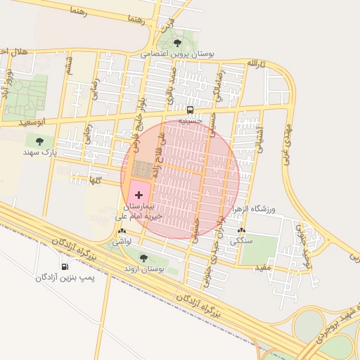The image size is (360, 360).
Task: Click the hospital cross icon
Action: (138, 194)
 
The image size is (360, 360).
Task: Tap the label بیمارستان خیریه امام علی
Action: (139, 212)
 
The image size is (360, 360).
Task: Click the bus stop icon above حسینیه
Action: (190, 110)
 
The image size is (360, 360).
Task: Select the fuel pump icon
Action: (65, 266)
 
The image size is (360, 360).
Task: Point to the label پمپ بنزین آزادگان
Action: (65, 278)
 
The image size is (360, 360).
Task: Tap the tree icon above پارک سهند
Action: (39, 141)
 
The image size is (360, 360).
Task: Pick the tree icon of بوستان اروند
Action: (144, 258)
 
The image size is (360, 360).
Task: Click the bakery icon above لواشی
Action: (123, 231)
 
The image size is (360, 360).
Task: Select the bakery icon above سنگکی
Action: (243, 231)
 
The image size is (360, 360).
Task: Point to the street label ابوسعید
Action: (32, 122)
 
